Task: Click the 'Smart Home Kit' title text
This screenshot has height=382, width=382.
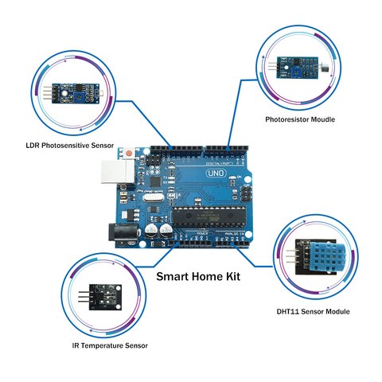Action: click(197, 278)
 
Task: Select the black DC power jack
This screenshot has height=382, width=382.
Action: click(121, 232)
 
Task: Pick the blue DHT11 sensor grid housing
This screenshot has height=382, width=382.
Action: click(323, 255)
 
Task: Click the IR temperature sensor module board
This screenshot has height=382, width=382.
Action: click(101, 296)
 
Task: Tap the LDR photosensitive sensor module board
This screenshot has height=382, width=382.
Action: click(70, 94)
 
